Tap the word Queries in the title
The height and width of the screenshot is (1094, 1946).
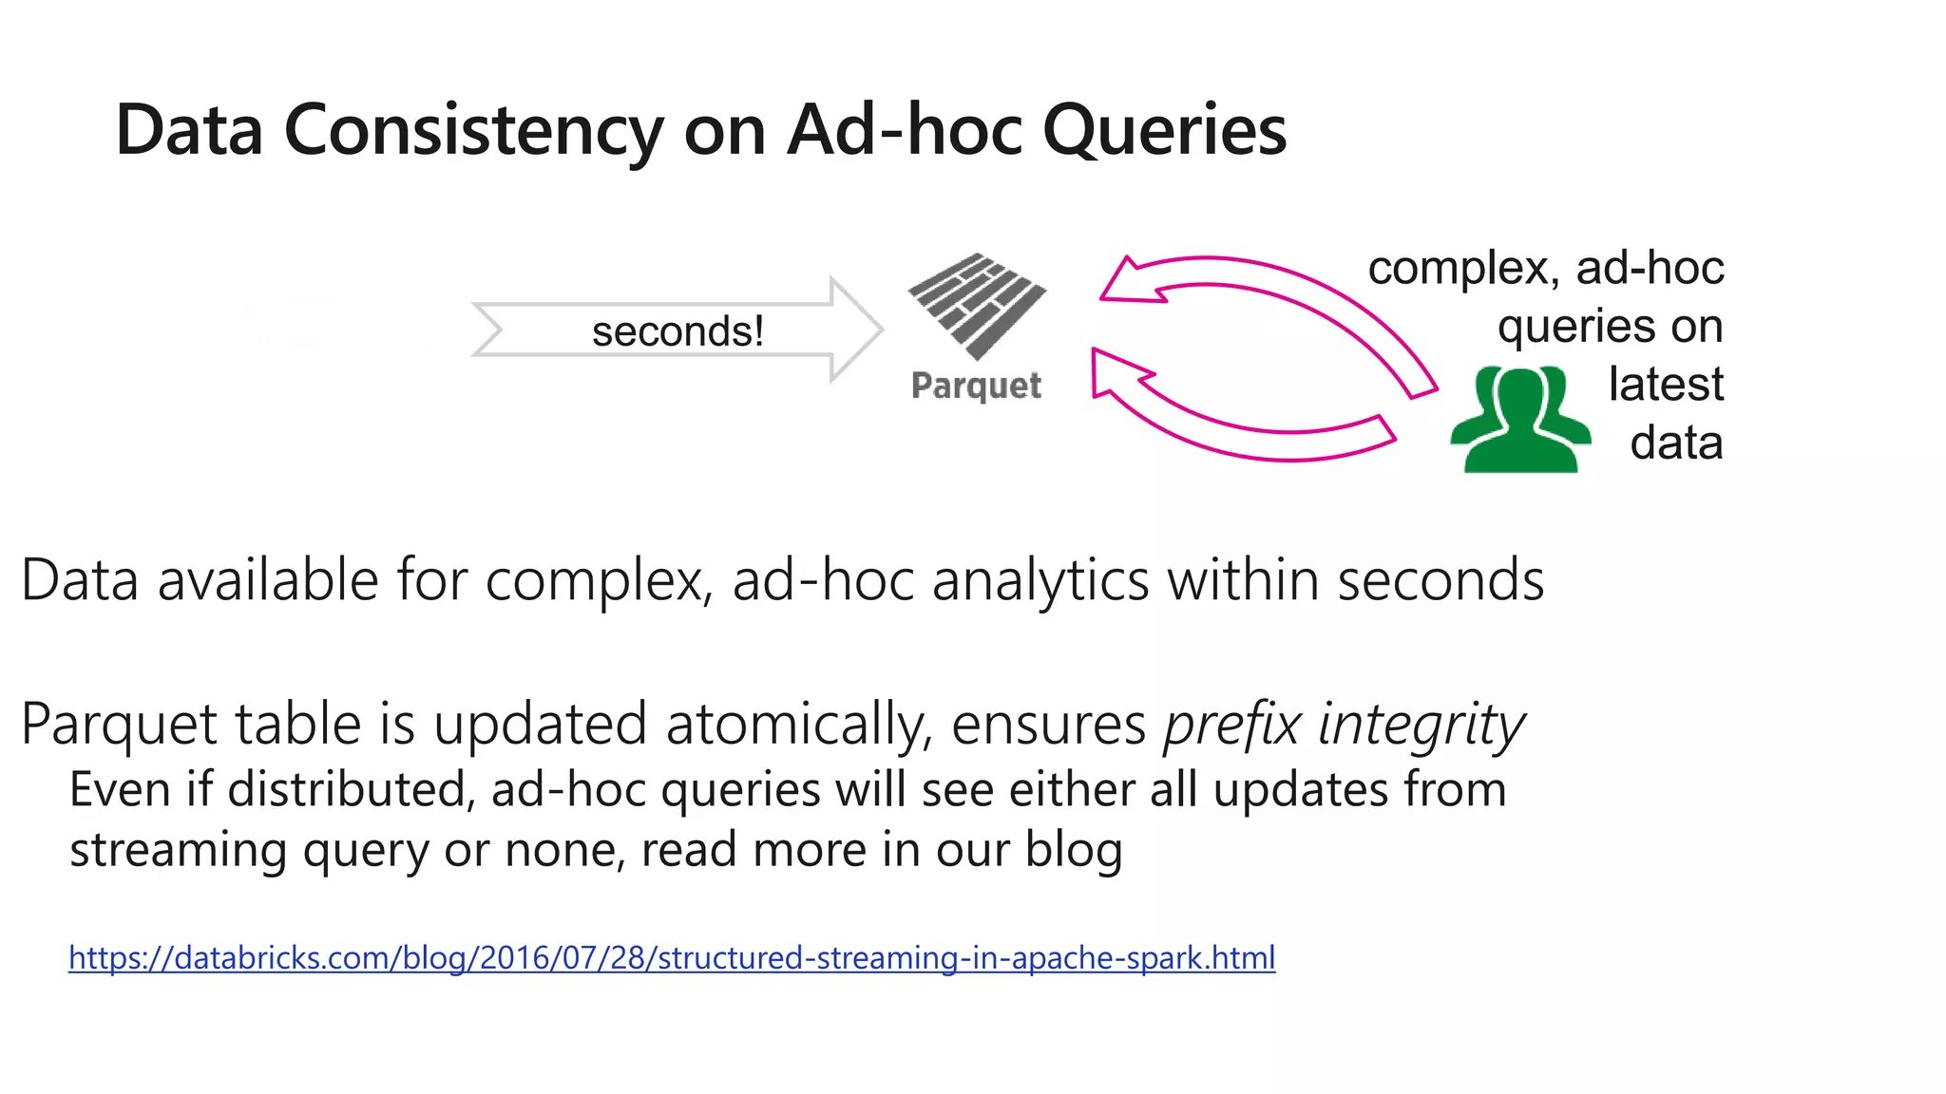[1164, 131]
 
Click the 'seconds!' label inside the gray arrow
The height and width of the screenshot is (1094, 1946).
[677, 331]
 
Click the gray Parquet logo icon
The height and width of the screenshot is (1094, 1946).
[977, 304]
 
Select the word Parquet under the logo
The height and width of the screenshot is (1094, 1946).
[976, 386]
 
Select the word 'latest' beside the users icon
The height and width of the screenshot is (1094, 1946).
[1666, 385]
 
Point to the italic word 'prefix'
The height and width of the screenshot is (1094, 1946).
[1231, 725]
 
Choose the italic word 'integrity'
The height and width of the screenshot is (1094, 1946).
[1421, 725]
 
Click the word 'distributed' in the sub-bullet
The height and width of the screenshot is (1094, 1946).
[351, 791]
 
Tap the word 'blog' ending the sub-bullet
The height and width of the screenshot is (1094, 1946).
[1074, 850]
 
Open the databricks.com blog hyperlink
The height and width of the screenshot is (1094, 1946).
[672, 957]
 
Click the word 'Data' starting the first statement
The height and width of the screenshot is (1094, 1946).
[80, 580]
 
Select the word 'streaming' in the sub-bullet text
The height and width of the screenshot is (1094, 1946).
[179, 850]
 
